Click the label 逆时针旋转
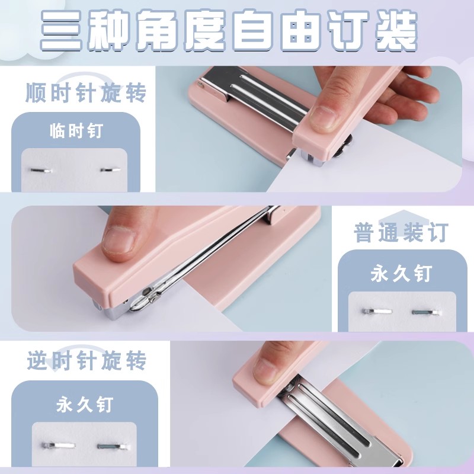(x=87, y=361)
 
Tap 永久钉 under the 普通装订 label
(x=401, y=274)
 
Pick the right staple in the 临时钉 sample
(x=110, y=171)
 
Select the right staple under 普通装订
(x=426, y=310)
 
